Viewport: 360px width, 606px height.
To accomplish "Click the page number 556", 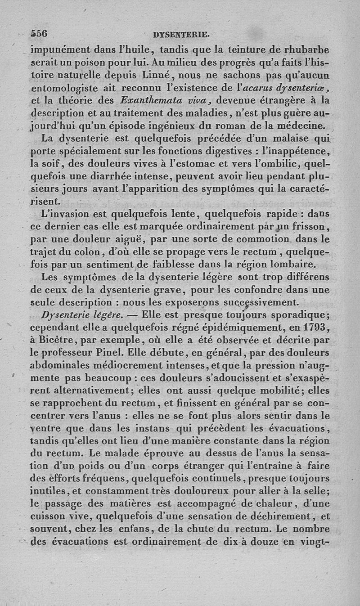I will tap(39, 33).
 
